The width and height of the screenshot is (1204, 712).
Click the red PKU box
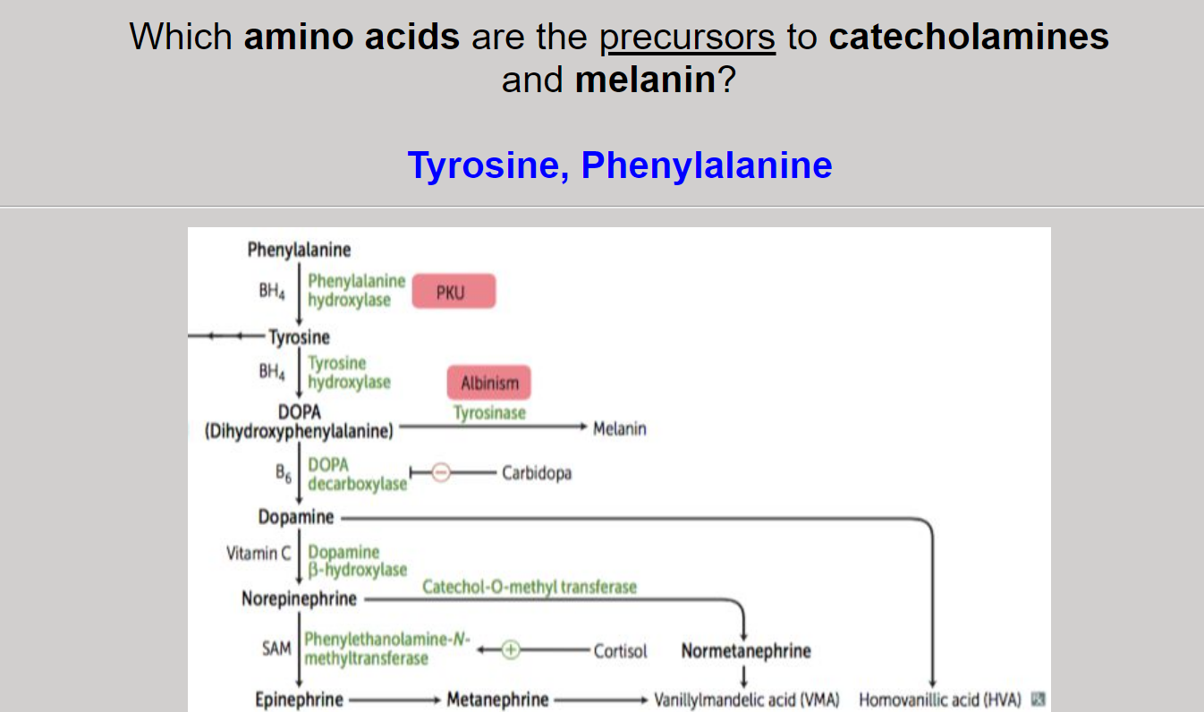tap(454, 292)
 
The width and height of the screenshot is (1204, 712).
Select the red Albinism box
tap(488, 383)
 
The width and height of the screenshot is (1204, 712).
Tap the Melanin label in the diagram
tap(619, 428)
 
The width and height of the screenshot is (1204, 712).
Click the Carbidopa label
tap(537, 473)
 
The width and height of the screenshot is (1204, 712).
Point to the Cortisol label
tap(620, 651)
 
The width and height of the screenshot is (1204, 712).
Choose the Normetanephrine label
tap(746, 651)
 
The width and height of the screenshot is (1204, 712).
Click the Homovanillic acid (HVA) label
tap(939, 699)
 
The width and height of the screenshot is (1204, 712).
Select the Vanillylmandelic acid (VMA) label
tap(747, 699)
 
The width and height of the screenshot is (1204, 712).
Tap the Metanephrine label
tap(497, 699)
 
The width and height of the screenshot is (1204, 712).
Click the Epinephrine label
tap(299, 699)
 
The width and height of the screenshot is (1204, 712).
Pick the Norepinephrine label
tap(299, 598)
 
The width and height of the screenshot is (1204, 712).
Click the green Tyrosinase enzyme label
tap(489, 413)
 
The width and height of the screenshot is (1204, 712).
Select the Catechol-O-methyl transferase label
tap(530, 587)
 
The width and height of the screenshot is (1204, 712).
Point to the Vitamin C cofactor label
tap(259, 553)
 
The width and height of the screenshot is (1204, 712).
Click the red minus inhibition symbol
tap(441, 473)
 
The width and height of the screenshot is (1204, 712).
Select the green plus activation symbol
tap(510, 650)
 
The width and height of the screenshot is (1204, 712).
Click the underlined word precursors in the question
tap(687, 38)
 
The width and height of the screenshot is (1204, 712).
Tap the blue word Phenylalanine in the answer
tap(707, 165)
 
